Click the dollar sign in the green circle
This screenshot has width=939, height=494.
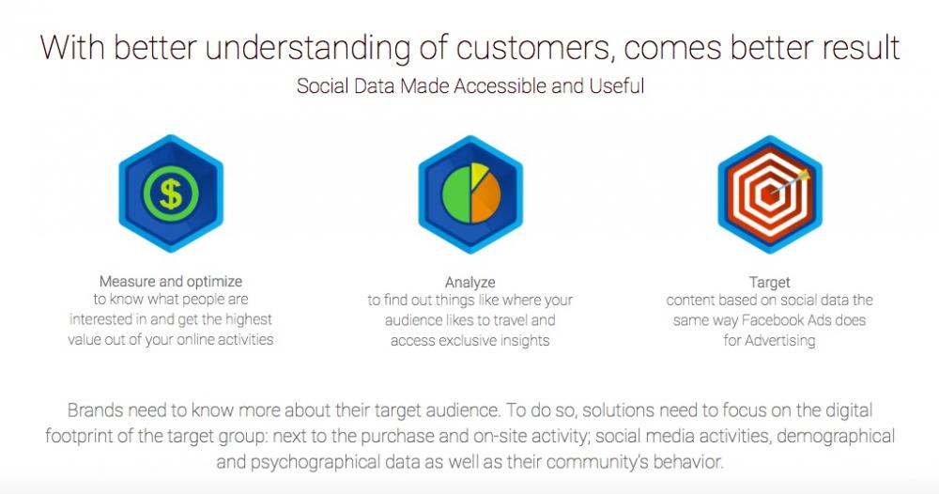click(171, 193)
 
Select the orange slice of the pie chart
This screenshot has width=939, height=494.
click(485, 199)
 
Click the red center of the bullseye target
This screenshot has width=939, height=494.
click(768, 195)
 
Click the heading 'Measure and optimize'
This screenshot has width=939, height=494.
click(171, 282)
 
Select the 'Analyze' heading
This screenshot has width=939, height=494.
click(470, 282)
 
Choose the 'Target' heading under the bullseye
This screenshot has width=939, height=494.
click(770, 282)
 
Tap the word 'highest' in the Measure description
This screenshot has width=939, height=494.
click(249, 319)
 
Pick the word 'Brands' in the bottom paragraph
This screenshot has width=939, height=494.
click(95, 410)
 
